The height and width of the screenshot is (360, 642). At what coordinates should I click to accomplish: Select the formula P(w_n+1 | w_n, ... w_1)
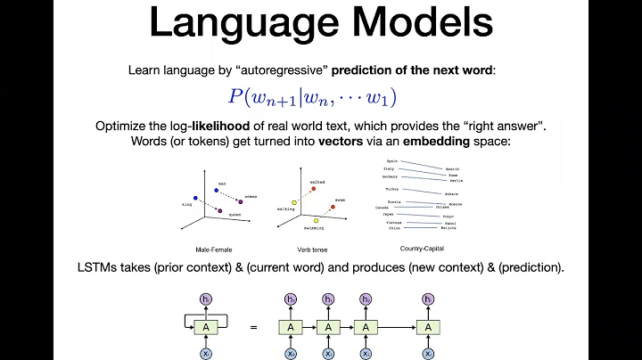coord(324,97)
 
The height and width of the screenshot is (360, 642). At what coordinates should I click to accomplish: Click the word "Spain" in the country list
coord(391,161)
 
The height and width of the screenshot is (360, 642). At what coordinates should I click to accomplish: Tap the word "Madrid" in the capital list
coord(453,168)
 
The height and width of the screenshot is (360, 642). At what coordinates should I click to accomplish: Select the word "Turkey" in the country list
coord(392,189)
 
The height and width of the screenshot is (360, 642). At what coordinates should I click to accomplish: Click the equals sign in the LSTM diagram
coord(254,327)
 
